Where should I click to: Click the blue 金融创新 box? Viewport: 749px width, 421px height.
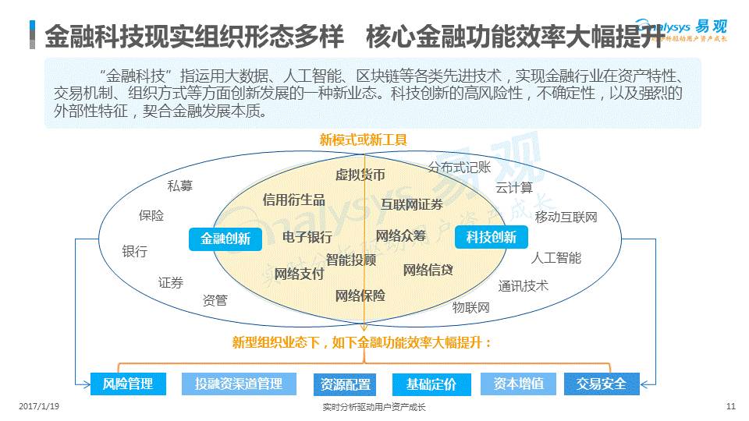[x=225, y=239]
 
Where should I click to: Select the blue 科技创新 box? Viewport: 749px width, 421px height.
[x=492, y=237]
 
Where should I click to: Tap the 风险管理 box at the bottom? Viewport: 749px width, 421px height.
[x=128, y=384]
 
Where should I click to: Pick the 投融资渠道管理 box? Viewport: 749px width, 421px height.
[x=239, y=384]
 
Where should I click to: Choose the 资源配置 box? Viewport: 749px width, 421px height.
[x=346, y=384]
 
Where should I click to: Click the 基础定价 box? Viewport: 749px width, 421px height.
[x=431, y=384]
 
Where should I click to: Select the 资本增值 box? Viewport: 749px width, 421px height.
[x=518, y=384]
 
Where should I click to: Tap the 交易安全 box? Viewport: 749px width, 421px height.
[x=601, y=384]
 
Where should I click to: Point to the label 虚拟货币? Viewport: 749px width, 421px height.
[x=360, y=175]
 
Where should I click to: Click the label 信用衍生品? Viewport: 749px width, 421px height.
[x=293, y=200]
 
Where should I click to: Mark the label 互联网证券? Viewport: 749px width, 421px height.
[x=411, y=204]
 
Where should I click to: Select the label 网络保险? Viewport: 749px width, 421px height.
[x=360, y=295]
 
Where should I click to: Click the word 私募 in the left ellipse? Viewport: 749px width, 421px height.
[x=180, y=186]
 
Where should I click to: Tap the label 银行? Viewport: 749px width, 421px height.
[x=134, y=251]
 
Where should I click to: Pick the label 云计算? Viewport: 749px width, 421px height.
[x=514, y=187]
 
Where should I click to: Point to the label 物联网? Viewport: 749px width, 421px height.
[x=471, y=307]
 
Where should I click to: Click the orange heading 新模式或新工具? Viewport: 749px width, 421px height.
[x=363, y=140]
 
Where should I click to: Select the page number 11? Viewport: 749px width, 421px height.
[x=730, y=406]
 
